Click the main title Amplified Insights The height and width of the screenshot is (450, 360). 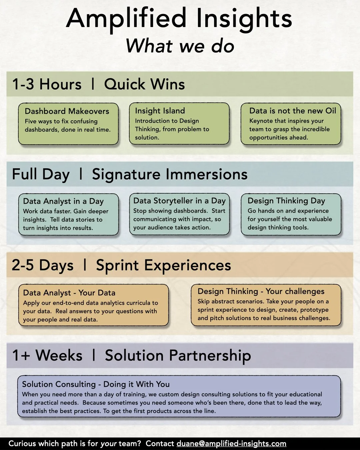click(x=179, y=18)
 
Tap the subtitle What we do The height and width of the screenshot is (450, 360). click(x=180, y=46)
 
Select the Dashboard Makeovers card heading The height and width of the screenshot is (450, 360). click(x=67, y=111)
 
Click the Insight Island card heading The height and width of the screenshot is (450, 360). click(x=160, y=111)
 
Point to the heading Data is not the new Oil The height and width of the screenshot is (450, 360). click(x=292, y=111)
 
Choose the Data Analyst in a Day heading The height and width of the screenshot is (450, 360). click(x=63, y=201)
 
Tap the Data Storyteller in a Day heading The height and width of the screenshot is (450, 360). click(x=179, y=201)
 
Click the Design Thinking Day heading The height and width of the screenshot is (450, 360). click(x=286, y=201)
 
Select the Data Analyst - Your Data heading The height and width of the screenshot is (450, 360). click(x=69, y=293)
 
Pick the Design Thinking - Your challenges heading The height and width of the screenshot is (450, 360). click(x=261, y=291)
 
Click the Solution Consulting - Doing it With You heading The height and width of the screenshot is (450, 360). click(x=96, y=384)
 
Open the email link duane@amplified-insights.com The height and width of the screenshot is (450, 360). click(x=231, y=444)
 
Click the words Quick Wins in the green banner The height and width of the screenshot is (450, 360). click(x=144, y=84)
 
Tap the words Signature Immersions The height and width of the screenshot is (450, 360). click(x=170, y=174)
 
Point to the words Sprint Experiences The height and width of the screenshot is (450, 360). click(x=163, y=265)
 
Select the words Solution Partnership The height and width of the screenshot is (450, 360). click(x=178, y=356)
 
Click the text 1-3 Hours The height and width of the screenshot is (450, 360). click(x=47, y=84)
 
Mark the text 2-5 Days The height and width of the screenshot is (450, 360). click(x=43, y=265)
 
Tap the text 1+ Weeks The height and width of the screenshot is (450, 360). click(x=47, y=356)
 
